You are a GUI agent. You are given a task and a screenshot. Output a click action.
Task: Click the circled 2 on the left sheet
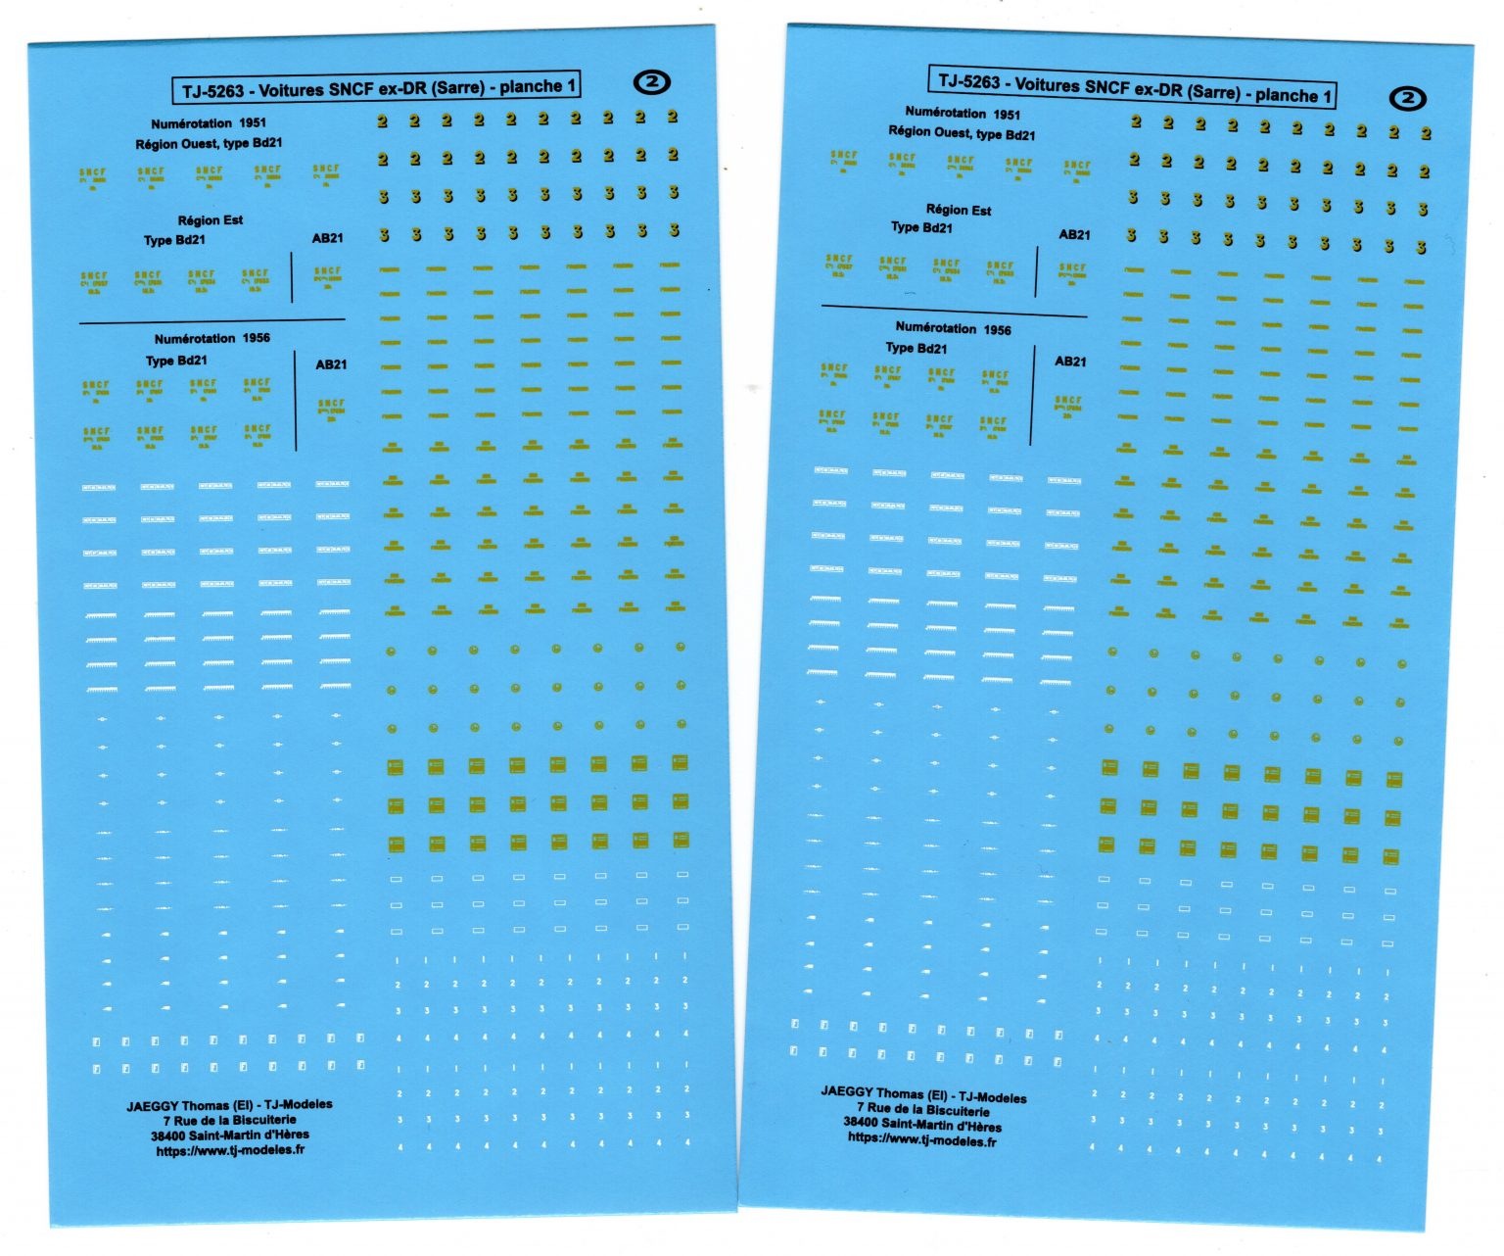pos(652,82)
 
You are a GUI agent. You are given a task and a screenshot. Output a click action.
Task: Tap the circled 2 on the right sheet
pos(1408,98)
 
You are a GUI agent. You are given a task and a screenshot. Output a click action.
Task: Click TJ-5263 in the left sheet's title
pos(212,92)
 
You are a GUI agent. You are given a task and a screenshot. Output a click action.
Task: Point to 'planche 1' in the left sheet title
pos(538,86)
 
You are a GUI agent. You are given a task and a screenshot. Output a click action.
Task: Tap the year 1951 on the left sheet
pos(253,123)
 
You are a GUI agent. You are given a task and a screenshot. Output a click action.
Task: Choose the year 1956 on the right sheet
pos(997,330)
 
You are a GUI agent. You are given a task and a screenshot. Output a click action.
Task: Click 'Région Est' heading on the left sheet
pos(211,220)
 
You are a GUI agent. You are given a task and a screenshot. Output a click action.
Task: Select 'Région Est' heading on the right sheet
pos(959,210)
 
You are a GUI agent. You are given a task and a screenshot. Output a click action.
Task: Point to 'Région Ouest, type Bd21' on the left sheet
pos(209,143)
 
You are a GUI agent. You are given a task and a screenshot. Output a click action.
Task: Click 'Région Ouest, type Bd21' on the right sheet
pos(962,133)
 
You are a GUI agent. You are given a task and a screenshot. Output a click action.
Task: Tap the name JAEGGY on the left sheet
pos(152,1106)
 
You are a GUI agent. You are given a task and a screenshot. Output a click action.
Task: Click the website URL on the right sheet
pos(921,1139)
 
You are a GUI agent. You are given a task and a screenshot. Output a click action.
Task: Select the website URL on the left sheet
pos(230,1150)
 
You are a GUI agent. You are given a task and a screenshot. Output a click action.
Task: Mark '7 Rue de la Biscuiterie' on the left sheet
pos(229,1120)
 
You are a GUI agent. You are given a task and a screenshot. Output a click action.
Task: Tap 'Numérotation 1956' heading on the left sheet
pos(211,339)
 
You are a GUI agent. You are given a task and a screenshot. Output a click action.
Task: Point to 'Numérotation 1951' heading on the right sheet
pos(963,114)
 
